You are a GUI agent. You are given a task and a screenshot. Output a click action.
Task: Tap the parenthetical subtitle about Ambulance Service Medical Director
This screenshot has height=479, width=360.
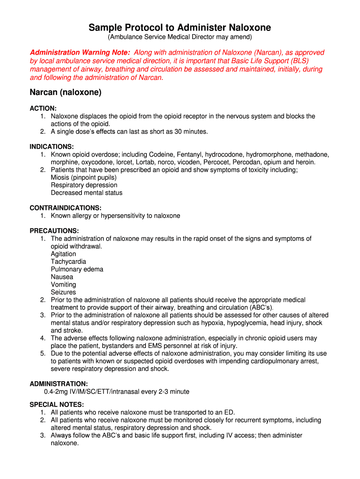pos(180,37)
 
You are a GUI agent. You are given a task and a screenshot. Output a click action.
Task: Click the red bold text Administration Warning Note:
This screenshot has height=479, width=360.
pos(80,53)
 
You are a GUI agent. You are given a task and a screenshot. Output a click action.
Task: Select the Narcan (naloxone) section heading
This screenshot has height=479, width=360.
pos(65,93)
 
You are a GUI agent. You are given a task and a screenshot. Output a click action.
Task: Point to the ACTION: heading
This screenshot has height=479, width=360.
pos(43,108)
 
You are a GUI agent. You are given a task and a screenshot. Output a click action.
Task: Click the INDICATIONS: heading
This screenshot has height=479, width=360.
pos(52,146)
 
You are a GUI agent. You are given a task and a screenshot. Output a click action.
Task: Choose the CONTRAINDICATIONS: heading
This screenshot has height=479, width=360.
pos(65,208)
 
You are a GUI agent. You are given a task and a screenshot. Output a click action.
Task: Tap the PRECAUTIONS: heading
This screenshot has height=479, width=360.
pos(54,231)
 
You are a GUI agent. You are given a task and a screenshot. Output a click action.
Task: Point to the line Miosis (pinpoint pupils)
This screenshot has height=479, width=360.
pos(84,178)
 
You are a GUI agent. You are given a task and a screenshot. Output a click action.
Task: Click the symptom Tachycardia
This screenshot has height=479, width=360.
pos(68,261)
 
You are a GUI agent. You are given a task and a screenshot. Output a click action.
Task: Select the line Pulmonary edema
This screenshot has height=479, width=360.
pos(77,269)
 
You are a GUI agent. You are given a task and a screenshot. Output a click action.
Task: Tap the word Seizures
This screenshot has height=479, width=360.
pos(63,292)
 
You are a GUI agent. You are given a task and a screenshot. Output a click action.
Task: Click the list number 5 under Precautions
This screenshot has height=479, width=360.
pos(43,353)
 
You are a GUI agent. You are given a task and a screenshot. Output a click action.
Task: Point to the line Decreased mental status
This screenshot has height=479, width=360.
pos(86,193)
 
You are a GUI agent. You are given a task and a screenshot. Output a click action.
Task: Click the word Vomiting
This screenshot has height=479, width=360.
pos(64,284)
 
